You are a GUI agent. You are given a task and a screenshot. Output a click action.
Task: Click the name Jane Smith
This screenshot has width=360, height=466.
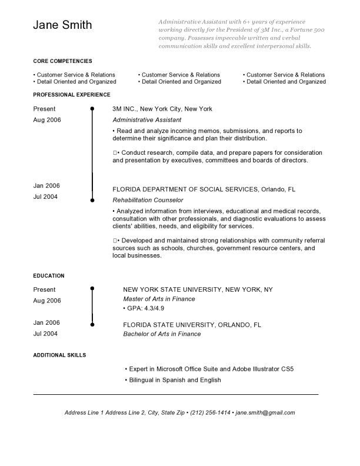pos(62,25)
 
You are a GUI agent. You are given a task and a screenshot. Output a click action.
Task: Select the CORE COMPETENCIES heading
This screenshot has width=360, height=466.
pos(62,61)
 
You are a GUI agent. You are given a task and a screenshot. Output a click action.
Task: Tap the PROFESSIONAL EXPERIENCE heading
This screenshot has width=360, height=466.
pos(71,94)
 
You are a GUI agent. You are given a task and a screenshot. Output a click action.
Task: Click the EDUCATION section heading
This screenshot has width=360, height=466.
pos(49,275)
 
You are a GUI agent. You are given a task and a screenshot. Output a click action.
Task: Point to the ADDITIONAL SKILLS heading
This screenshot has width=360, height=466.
pos(59,355)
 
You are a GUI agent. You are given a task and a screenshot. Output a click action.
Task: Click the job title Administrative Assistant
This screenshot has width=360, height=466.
pos(147,119)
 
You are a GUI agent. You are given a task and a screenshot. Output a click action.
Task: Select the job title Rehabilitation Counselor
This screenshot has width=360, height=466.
pos(148,200)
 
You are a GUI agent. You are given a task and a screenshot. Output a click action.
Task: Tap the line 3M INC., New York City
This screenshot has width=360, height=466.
pos(162,109)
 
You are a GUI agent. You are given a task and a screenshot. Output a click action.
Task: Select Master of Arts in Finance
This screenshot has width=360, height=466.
pos(159,299)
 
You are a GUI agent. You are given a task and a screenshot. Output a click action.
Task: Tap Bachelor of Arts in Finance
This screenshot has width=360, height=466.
pos(162,334)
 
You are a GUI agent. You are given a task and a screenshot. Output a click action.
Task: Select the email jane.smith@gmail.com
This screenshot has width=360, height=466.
pos(265,412)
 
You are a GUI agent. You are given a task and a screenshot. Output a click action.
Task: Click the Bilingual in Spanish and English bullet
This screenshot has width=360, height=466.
pos(174,380)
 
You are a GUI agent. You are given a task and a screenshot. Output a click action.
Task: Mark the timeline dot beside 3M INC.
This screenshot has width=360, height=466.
pos(92,109)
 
